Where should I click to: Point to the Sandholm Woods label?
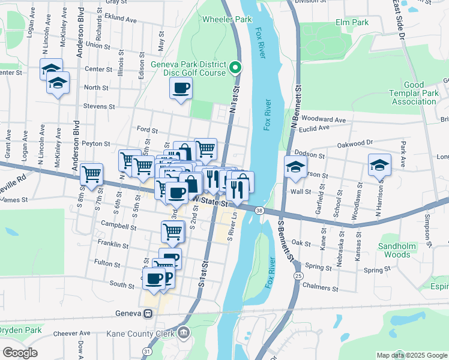pos(394,250)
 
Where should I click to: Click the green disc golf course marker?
pos(236,67)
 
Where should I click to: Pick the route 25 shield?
pos(298,275)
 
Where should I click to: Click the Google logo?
pos(20,352)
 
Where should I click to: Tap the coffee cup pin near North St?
pos(181,89)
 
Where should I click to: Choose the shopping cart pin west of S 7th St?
pos(91,175)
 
